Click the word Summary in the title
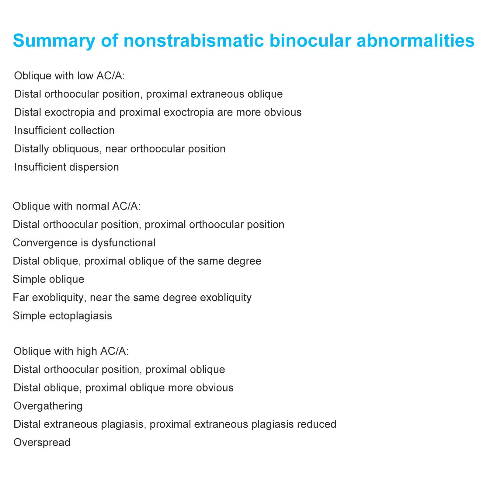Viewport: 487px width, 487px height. coord(54,41)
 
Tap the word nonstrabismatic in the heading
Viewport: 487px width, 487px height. coord(193,41)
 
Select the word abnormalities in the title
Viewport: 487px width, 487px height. coord(415,41)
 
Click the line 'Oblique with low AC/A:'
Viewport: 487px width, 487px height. coord(69,76)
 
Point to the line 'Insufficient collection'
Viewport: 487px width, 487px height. coord(64,130)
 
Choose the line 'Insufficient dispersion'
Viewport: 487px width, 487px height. coord(66,167)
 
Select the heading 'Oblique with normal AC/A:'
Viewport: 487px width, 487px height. coord(77,206)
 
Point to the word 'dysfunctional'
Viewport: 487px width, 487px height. coord(123,243)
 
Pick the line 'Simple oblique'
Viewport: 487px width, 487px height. coord(48,279)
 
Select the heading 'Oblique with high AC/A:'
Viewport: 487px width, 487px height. coord(71,351)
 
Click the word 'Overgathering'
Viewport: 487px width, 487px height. coord(48,406)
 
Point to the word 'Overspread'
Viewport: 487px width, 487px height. coord(42,442)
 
